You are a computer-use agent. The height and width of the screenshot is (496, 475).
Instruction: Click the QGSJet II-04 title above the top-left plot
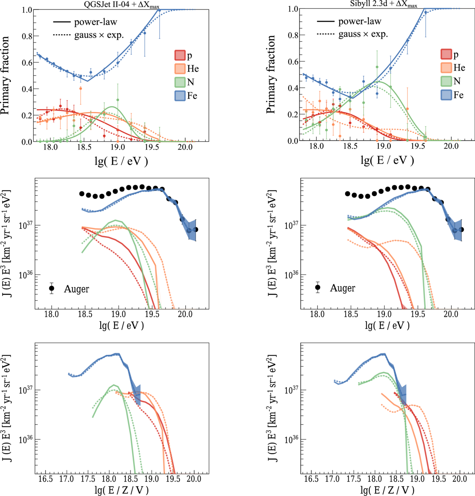click(x=121, y=6)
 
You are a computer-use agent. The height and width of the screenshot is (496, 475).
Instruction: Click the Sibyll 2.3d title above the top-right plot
click(x=384, y=5)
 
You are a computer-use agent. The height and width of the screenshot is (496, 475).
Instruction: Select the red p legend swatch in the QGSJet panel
click(x=180, y=55)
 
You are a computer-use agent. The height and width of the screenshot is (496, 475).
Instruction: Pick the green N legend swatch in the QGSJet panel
click(x=180, y=82)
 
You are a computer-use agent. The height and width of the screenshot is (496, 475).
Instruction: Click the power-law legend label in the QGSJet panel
click(x=95, y=22)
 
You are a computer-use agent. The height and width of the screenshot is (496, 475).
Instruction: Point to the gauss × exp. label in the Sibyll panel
click(x=363, y=35)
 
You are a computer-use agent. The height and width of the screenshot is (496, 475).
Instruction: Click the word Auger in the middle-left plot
click(x=77, y=289)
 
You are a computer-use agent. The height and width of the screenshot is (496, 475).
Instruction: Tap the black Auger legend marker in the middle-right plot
click(x=318, y=287)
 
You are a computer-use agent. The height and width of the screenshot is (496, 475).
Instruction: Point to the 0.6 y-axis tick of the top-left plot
click(x=27, y=62)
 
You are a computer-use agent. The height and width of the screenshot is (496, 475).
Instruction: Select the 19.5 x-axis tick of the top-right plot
click(x=418, y=146)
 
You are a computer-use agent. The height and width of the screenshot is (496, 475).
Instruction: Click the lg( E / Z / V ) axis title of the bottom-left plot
click(x=121, y=490)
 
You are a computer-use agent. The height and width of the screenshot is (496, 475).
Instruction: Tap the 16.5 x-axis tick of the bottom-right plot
click(x=311, y=479)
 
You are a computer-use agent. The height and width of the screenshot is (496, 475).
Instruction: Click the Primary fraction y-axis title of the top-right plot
click(x=271, y=74)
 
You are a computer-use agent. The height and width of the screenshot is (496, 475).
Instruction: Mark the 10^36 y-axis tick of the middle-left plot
click(x=26, y=275)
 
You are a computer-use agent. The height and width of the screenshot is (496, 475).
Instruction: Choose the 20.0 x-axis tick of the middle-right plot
click(x=451, y=314)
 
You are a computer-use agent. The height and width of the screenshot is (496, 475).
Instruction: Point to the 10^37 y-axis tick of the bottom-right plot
click(x=292, y=390)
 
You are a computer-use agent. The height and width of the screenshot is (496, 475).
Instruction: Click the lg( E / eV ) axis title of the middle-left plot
click(x=121, y=325)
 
